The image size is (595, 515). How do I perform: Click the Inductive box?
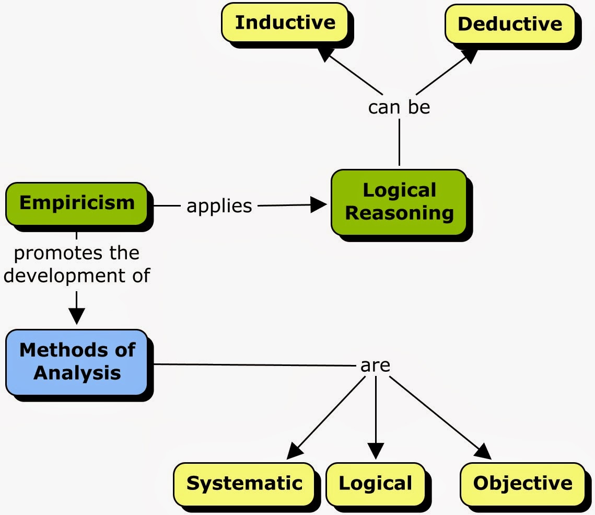pyautogui.click(x=285, y=23)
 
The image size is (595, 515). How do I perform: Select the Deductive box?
pyautogui.click(x=510, y=24)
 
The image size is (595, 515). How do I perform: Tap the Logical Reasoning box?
pyautogui.click(x=399, y=202)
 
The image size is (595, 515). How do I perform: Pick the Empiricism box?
pyautogui.click(x=77, y=203)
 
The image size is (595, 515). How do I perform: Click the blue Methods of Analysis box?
pyautogui.click(x=77, y=362)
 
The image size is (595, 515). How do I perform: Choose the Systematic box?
pyautogui.click(x=244, y=484)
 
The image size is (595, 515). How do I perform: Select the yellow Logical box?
pyautogui.click(x=375, y=484)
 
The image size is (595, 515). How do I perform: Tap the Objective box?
pyautogui.click(x=522, y=484)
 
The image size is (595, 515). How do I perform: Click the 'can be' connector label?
pyautogui.click(x=399, y=107)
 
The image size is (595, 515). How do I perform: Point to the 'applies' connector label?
pyautogui.click(x=219, y=206)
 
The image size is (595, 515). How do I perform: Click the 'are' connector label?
pyautogui.click(x=375, y=365)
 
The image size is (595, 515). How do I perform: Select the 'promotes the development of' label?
pyautogui.click(x=77, y=264)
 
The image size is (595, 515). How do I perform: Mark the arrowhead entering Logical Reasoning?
pyautogui.click(x=320, y=205)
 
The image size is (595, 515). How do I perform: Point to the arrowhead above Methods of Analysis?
pyautogui.click(x=77, y=316)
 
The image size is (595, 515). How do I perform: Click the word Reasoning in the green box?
pyautogui.click(x=399, y=213)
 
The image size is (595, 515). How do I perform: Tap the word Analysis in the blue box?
pyautogui.click(x=77, y=373)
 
